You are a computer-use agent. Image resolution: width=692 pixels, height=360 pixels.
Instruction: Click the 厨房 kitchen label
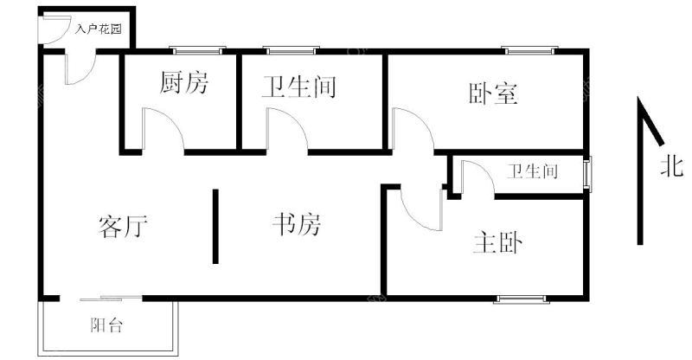183,82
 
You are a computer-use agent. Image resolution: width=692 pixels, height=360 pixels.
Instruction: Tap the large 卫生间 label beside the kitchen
298,87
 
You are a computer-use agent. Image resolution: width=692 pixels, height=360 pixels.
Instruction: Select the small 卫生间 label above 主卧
532,171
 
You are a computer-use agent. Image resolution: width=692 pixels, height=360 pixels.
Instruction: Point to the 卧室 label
493,93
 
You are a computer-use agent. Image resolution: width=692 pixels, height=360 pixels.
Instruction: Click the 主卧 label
497,242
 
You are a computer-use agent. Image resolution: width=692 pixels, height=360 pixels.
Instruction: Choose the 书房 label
297,224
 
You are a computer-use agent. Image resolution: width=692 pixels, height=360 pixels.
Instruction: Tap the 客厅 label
122,227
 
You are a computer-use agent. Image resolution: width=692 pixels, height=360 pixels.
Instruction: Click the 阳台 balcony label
106,325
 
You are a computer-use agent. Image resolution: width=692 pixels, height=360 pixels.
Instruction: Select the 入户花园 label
98,29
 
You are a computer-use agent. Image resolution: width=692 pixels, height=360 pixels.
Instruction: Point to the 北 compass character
672,167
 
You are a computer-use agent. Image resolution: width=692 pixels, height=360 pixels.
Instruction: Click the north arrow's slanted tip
662,144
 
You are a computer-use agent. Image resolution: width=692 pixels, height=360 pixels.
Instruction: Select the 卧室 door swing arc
421,120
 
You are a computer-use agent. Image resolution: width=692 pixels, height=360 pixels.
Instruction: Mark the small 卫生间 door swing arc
485,170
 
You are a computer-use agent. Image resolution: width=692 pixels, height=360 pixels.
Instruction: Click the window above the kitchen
197,50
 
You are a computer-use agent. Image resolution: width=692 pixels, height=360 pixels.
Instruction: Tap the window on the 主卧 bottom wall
522,299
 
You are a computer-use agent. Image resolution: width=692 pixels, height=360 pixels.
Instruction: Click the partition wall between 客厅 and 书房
215,226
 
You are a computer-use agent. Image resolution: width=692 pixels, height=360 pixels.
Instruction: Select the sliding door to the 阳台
112,299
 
